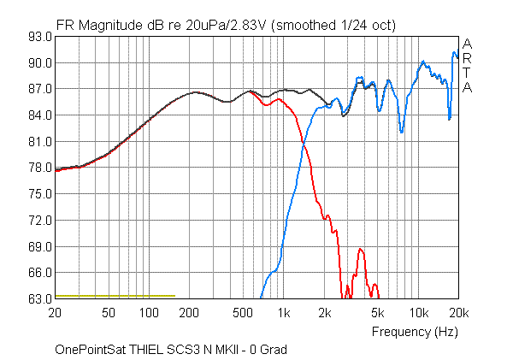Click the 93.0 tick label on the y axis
coord(40,37)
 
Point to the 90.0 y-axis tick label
coord(40,63)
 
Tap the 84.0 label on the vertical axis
coord(40,115)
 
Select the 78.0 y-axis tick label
coord(40,168)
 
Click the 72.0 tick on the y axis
coord(40,221)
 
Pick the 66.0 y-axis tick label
coord(40,273)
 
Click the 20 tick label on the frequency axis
coord(56,313)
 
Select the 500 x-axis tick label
coord(243,313)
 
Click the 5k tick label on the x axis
coord(378,313)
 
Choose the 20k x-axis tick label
coord(458,313)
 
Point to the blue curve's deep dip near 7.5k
coord(401,132)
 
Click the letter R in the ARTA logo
coord(466,58)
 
